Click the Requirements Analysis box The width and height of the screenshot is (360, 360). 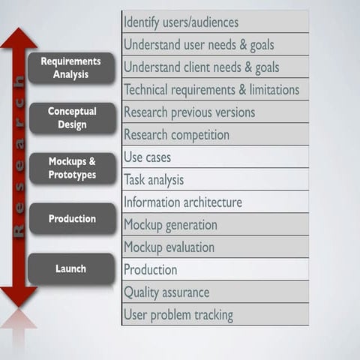pos(71,67)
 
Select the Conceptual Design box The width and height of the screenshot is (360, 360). pos(72,118)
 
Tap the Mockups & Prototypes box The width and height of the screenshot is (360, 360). pos(72,168)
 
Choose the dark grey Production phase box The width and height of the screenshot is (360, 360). pos(72,218)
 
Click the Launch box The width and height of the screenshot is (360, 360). pos(72,268)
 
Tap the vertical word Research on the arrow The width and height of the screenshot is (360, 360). pos(19,169)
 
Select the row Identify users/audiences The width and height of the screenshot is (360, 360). pos(214,22)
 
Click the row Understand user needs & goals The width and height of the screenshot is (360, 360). pos(214,44)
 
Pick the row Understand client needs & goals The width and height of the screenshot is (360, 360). pos(214,67)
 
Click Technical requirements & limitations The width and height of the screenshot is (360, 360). pos(214,89)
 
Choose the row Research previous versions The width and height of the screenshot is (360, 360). pos(214,112)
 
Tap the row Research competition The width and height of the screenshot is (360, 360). pos(214,134)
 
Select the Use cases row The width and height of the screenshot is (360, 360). pos(214,157)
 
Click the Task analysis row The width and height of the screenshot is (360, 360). pos(214,179)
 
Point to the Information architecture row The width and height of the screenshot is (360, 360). pos(214,202)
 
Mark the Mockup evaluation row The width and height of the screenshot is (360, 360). pos(214,247)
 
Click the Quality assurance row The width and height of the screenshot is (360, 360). pos(214,292)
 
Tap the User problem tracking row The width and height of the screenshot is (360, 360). pos(214,314)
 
